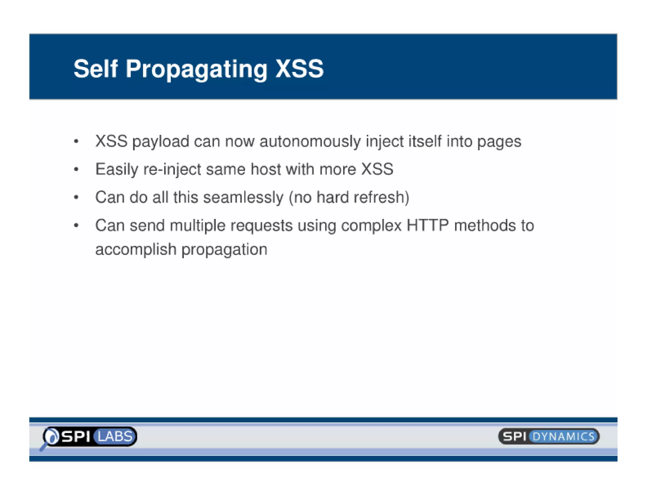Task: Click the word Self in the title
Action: [x=95, y=69]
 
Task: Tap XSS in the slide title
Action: [x=299, y=69]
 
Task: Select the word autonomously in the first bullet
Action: [x=310, y=141]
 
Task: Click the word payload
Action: [x=160, y=142]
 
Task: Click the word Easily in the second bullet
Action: [x=117, y=169]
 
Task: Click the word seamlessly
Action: [x=243, y=198]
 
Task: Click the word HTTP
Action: [x=427, y=225]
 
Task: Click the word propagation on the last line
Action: [x=224, y=250]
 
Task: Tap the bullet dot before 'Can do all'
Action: [x=76, y=198]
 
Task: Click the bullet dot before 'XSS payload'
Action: [x=76, y=141]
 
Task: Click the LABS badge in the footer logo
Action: [x=115, y=436]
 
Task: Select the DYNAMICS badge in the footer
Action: [x=563, y=436]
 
